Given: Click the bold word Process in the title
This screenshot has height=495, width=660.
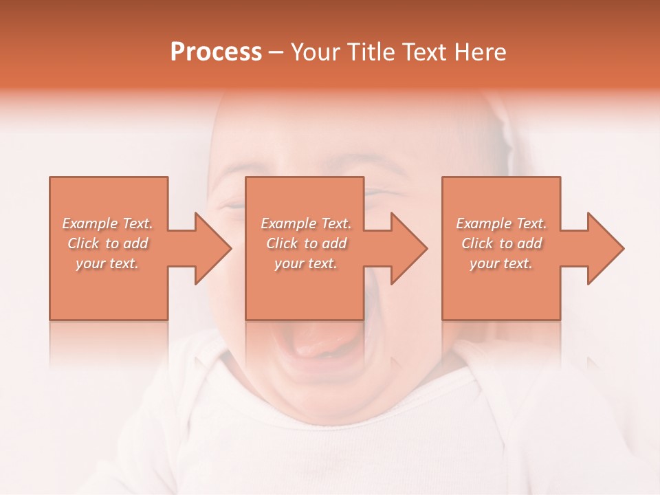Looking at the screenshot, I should click(216, 52).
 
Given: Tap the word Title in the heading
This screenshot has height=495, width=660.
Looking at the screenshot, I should click(369, 52).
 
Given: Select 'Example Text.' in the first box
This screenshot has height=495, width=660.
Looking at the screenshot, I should click(107, 223).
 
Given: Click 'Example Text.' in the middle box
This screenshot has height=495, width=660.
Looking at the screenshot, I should click(305, 223).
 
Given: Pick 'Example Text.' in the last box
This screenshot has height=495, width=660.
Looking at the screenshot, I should click(501, 223).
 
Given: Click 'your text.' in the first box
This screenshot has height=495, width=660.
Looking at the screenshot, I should click(107, 263).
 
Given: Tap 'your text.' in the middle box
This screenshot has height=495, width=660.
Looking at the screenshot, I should click(305, 263).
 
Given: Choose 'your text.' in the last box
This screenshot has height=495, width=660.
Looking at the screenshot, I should click(500, 263).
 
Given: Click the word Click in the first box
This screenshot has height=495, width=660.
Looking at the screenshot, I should click(84, 243).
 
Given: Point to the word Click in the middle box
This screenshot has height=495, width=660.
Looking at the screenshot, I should click(283, 243).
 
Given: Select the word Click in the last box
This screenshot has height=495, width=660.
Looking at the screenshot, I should click(478, 243).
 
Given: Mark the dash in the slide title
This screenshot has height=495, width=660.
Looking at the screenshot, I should click(276, 52).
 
